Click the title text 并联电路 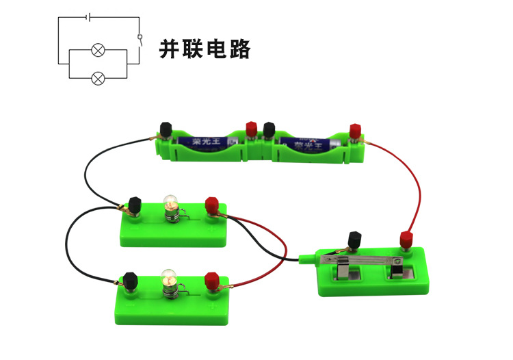[x=205, y=49]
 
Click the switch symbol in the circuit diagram [x=140, y=39]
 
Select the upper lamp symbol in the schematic [x=98, y=51]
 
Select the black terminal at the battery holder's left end [x=166, y=129]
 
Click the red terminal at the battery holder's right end [x=355, y=130]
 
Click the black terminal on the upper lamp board [x=135, y=205]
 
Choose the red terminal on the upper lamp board [x=212, y=205]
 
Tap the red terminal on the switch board [x=406, y=240]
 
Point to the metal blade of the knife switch [x=366, y=261]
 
